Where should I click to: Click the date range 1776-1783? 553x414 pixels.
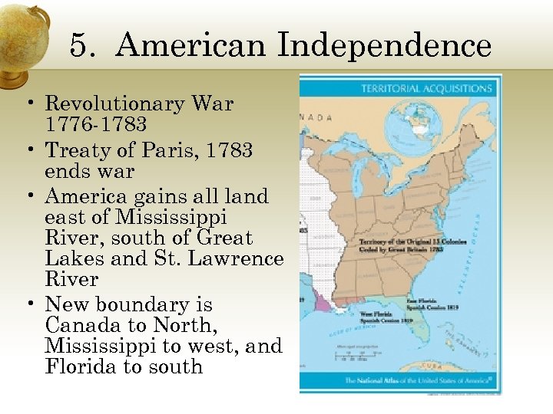click(x=95, y=124)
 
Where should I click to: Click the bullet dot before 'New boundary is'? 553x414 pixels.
click(x=35, y=306)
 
